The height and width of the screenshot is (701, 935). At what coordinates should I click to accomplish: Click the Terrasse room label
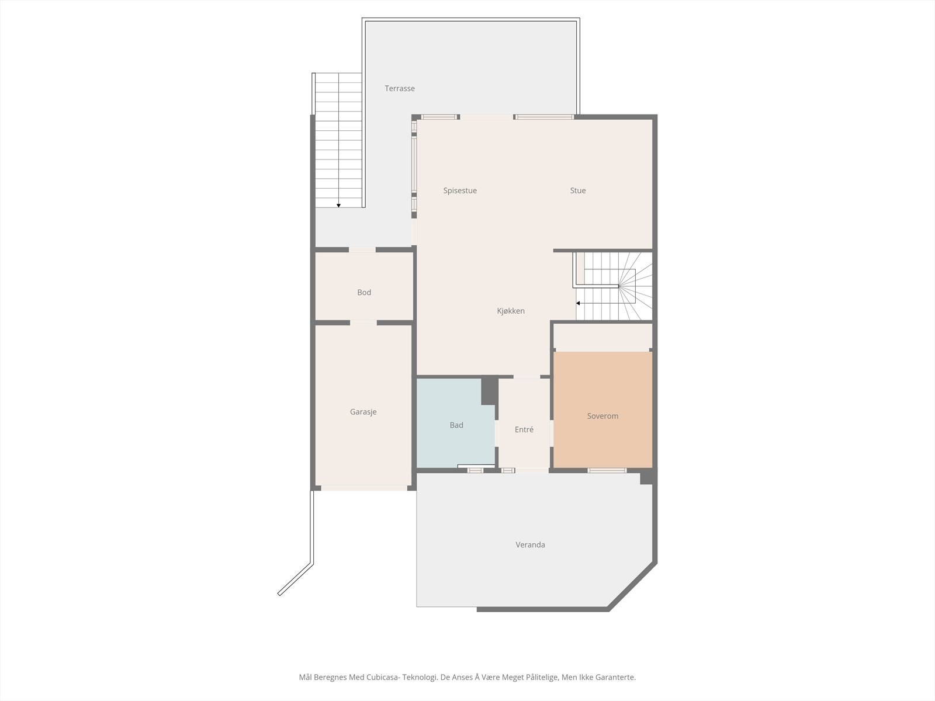pos(400,89)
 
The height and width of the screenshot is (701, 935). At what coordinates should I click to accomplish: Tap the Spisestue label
pos(460,190)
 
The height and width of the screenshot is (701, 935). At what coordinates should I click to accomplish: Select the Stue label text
pos(578,190)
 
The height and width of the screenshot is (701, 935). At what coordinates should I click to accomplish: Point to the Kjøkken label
pos(511,311)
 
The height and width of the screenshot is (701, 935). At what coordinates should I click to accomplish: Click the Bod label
pos(364,293)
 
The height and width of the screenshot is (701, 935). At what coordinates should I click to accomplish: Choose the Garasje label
pos(363,412)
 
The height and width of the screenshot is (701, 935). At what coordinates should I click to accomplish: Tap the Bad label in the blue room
pos(456,425)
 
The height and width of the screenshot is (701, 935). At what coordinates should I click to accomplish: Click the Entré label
pos(524,429)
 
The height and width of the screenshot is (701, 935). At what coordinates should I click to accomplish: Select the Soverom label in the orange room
pos(602,416)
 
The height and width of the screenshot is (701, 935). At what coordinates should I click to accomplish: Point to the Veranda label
pos(530,545)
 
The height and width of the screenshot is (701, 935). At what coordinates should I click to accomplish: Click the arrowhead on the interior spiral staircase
pos(578,303)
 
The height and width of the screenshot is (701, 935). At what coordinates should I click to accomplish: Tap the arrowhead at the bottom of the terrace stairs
pos(338,206)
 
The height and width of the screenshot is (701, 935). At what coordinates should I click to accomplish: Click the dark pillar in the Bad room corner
pos(489,391)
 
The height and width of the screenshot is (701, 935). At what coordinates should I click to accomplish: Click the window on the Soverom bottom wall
pos(607,470)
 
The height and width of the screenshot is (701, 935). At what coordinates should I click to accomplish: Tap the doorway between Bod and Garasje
pos(363,322)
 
